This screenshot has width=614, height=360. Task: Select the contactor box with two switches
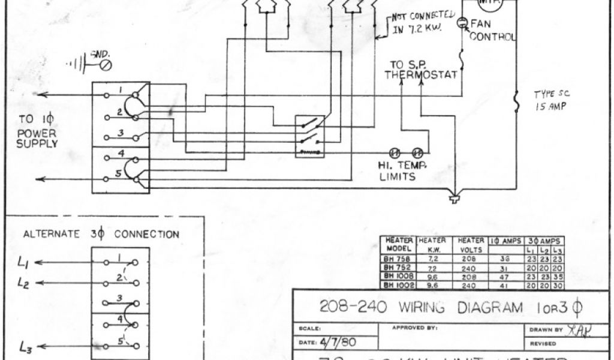tap(311, 137)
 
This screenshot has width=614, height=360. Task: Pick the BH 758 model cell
tap(396, 259)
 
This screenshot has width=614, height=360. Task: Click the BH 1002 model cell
tap(396, 286)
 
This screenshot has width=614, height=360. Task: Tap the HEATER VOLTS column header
tap(471, 245)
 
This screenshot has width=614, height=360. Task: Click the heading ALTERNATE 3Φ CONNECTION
tap(101, 234)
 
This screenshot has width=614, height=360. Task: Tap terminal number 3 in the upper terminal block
tap(121, 132)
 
